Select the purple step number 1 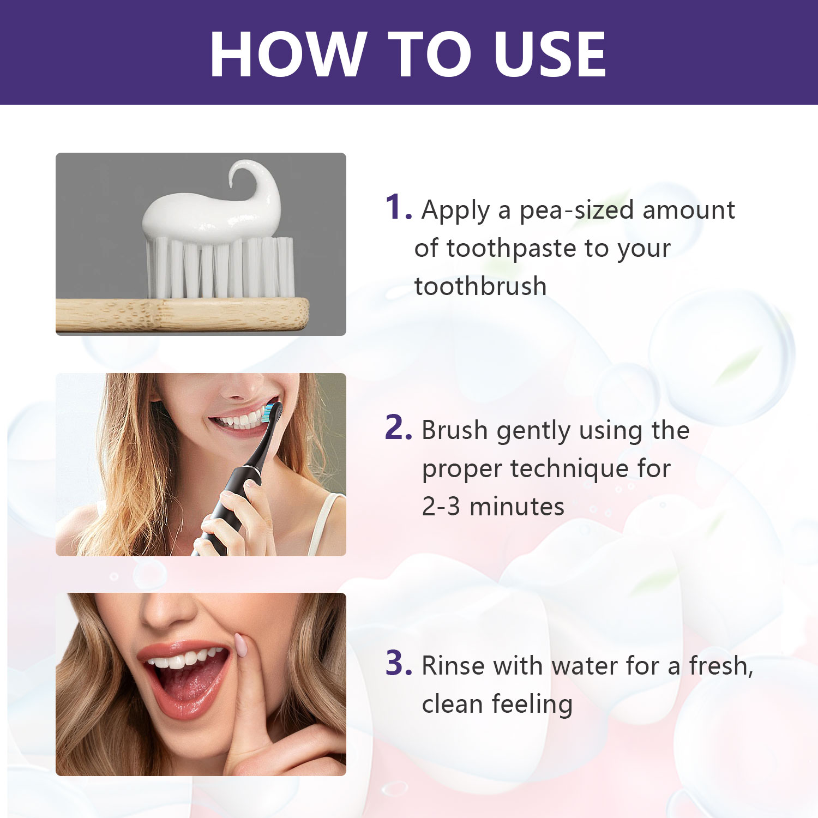[x=398, y=207]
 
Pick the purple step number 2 [x=398, y=428]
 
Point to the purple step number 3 [x=399, y=663]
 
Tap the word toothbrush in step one [x=480, y=286]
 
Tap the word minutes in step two [x=517, y=507]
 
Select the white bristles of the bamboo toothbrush [x=220, y=267]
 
